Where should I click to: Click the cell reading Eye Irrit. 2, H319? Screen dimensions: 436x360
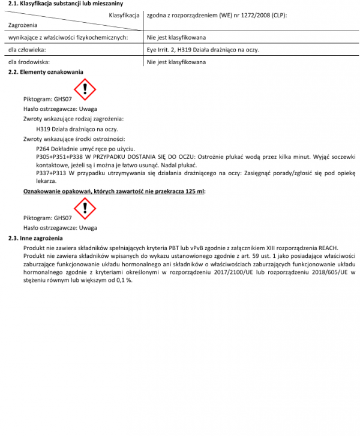coord(203,50)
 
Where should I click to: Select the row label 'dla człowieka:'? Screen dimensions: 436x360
coord(27,50)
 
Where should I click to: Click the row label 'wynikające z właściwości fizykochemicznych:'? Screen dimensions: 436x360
coord(67,37)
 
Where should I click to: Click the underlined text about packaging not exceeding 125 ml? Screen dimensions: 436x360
coord(114,191)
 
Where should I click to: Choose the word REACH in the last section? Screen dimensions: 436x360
coord(328,247)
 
